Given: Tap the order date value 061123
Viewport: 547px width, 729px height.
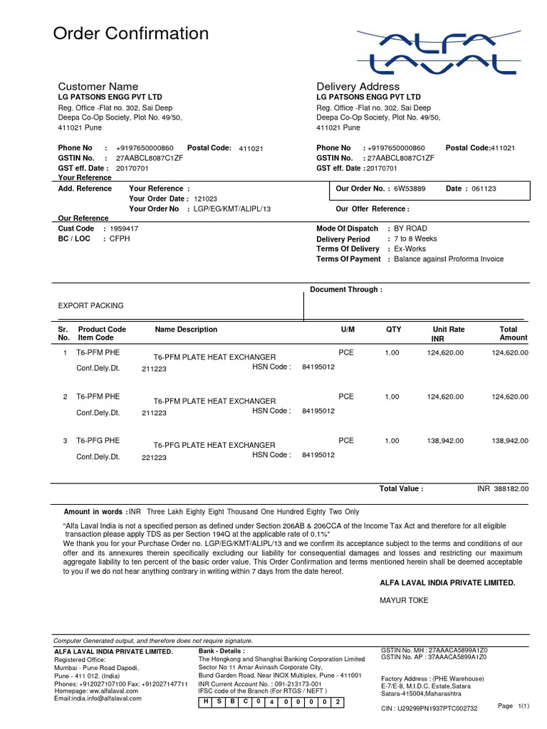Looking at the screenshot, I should point(484,189).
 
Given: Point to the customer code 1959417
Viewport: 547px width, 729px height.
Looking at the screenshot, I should point(124,229).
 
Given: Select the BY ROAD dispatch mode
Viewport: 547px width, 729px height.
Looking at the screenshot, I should point(411,229).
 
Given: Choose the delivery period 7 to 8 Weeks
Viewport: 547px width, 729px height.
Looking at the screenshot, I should point(415,239).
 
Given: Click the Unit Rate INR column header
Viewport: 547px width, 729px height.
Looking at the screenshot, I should point(448,334).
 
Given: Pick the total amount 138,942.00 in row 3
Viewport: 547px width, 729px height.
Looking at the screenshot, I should point(510,441).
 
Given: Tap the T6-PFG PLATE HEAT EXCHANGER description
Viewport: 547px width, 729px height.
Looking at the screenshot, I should point(214,445).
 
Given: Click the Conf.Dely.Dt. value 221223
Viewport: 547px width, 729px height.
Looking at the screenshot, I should point(154,458).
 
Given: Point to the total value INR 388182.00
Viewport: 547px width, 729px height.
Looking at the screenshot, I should point(502,489).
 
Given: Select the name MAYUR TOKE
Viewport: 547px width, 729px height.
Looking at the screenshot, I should point(404,600).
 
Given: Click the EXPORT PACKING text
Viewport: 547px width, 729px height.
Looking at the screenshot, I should point(90,305).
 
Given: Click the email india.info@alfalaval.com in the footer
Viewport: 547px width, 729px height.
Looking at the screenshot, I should point(98,698).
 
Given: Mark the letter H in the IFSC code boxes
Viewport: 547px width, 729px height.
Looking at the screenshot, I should point(206,703).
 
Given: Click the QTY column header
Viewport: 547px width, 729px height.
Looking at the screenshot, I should point(393,330).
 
